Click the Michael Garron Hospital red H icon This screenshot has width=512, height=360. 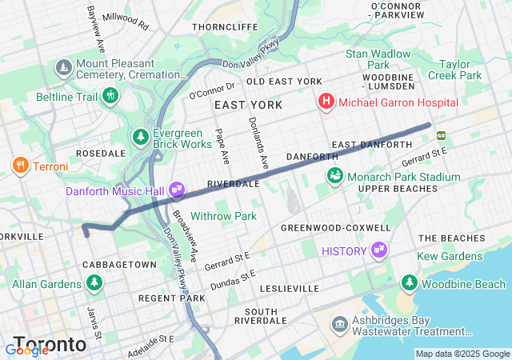click(326, 102)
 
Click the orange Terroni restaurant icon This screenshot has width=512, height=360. click(20, 166)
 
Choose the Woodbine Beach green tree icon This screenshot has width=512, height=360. click(410, 284)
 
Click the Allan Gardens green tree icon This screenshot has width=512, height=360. click(94, 284)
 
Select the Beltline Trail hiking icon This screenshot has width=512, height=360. click(110, 97)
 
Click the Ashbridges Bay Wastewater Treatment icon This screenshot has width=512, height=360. click(340, 326)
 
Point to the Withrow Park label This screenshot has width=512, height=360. click(224, 216)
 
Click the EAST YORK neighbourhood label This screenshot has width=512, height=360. click(248, 105)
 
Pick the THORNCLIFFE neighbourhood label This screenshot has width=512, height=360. click(224, 26)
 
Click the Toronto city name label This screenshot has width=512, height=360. click(50, 344)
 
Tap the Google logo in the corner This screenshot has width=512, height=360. click(26, 350)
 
